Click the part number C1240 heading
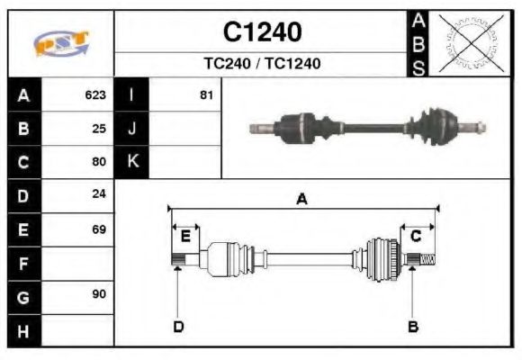262,32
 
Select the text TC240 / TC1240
262,64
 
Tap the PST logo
61,43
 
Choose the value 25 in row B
99,129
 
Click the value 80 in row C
99,163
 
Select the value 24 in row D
99,195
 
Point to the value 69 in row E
99,229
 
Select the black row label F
23,264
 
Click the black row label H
23,330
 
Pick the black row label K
132,163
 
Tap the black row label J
132,129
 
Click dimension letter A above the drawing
301,200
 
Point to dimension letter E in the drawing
185,237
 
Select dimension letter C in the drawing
416,237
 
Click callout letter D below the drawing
178,327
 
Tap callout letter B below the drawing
413,327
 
